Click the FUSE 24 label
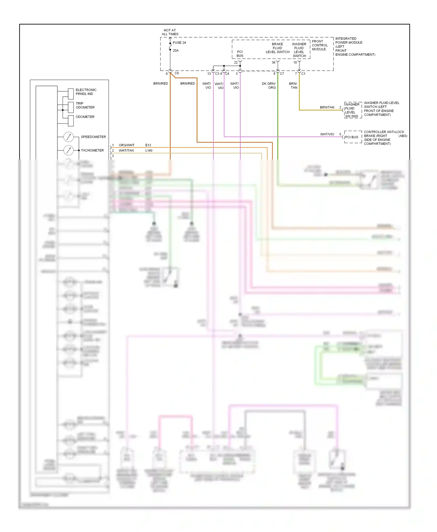click(x=179, y=42)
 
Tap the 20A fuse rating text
click(x=176, y=50)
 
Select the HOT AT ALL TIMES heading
click(x=170, y=32)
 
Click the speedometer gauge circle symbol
click(x=68, y=137)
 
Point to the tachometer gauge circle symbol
click(x=68, y=150)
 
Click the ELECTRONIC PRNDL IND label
click(x=86, y=92)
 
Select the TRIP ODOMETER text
click(x=85, y=105)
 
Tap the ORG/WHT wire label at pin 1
click(x=126, y=145)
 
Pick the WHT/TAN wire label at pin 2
click(x=126, y=150)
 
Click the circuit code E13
click(x=148, y=145)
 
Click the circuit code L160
click(x=149, y=150)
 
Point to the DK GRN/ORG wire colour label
click(x=269, y=86)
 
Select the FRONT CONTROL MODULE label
click(x=320, y=45)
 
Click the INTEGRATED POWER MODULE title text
click(x=349, y=40)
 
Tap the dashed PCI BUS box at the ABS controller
click(x=353, y=137)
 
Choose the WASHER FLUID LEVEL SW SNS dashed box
click(x=353, y=110)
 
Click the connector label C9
click(x=177, y=73)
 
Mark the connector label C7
click(x=282, y=74)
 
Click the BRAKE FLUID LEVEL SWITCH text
click(x=277, y=48)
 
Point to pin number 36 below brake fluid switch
click(x=273, y=62)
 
